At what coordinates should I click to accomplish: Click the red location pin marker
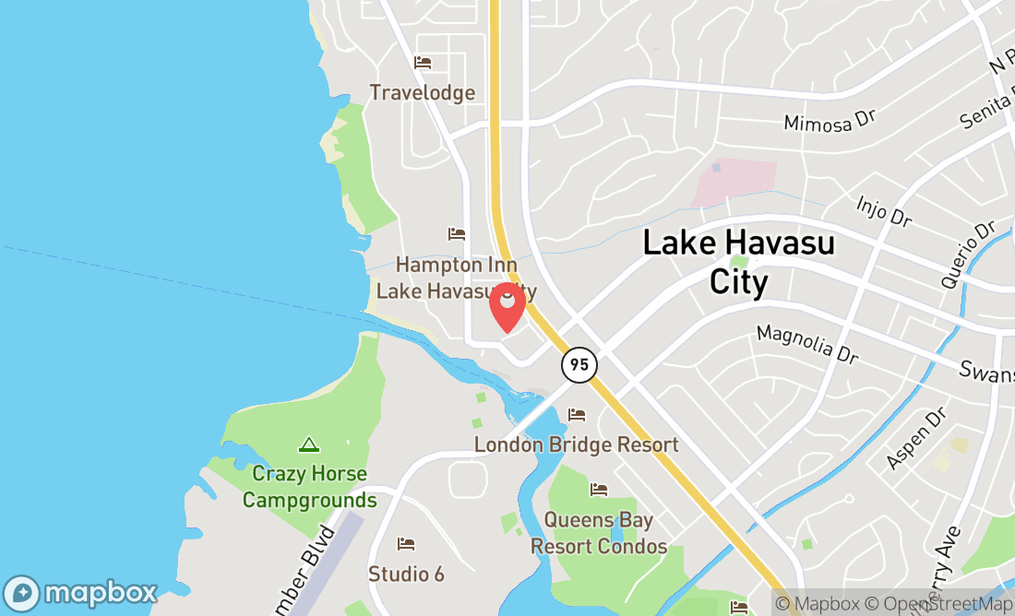coord(507,307)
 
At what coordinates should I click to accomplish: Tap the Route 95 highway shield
coord(579,364)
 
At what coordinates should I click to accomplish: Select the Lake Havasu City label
coord(738,262)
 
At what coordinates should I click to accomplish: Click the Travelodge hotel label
coord(423,92)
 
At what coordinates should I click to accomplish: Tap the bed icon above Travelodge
coord(423,63)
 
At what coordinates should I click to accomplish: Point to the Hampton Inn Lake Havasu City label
coord(456,278)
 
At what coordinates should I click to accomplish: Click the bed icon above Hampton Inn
coord(456,234)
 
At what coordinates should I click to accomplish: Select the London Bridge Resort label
coord(576,444)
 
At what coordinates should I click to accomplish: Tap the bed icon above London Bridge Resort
coord(577,415)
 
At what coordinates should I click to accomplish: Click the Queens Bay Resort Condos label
coord(598,533)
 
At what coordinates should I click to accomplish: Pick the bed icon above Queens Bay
coord(599,489)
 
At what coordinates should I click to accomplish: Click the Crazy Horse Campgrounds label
coord(309,487)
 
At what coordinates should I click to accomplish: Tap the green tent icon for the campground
coord(309,445)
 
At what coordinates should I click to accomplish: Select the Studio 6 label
coord(406,574)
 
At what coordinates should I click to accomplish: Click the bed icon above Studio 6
coord(406,544)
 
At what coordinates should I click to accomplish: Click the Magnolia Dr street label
coord(806,343)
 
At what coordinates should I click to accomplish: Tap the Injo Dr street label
coord(884,211)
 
